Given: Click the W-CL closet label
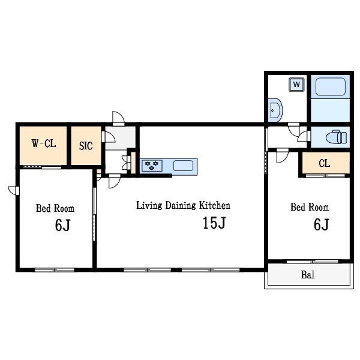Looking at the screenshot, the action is pos(44,143).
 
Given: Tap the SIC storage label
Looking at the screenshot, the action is pos(86,146).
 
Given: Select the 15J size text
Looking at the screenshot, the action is pos(214,223).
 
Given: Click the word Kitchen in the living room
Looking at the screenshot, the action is pos(214,205).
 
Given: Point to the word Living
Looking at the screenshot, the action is pos(149,206).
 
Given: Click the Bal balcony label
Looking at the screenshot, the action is pos(308,275).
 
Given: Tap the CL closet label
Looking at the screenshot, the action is pos(325,163).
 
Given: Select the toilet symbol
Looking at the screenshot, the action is pos(337,137).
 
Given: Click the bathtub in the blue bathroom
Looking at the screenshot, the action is pos(331,87).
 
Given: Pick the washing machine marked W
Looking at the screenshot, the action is pos(296,85).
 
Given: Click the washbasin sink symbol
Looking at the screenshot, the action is pos(275,110).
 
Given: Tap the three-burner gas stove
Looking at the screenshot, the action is pos(152,166).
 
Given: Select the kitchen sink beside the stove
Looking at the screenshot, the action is pos(183,166).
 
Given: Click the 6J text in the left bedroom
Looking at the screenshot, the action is pos(62,225).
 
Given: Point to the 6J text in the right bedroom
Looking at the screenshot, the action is pos(322,224).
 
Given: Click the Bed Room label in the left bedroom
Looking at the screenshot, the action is pos(55,208).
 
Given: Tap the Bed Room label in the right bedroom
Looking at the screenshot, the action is pos(310,207).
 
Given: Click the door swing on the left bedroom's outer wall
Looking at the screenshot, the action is pos(13,191).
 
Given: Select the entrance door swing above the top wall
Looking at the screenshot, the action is pos(118,118).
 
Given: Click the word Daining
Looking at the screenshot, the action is pos(181,206).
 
